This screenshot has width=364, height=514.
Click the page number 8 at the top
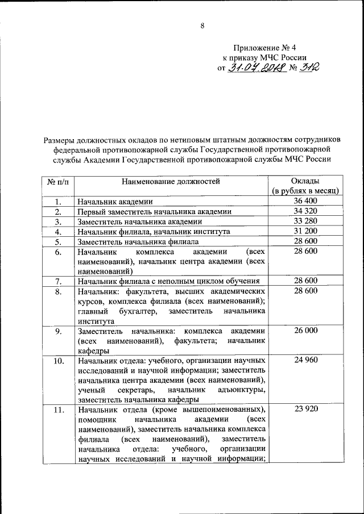pyautogui.click(x=202, y=25)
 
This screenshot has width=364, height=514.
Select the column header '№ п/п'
pyautogui.click(x=57, y=182)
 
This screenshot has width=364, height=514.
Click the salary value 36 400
pyautogui.click(x=305, y=202)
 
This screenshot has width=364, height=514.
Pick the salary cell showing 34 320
pyautogui.click(x=305, y=212)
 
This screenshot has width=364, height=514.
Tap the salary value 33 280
pyautogui.click(x=305, y=222)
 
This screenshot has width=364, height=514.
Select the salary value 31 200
pyautogui.click(x=305, y=232)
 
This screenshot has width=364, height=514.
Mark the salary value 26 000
pyautogui.click(x=305, y=331)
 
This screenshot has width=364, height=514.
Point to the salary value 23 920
pyautogui.click(x=305, y=409)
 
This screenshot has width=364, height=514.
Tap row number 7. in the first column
pyautogui.click(x=57, y=281)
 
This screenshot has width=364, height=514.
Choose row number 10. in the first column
pyautogui.click(x=57, y=361)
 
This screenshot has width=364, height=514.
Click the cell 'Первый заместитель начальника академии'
pyautogui.click(x=155, y=212)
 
